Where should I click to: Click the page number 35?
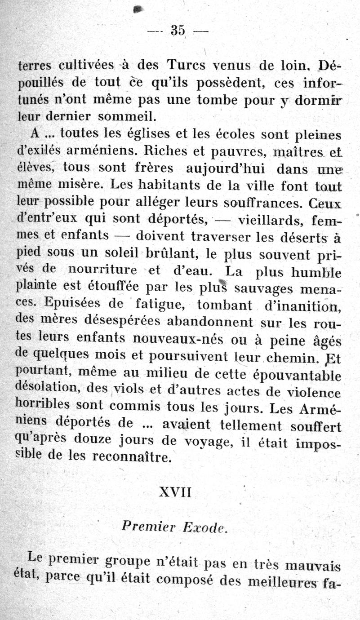[178, 30]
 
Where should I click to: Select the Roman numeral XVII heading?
[175, 492]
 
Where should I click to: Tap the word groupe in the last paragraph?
[130, 561]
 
